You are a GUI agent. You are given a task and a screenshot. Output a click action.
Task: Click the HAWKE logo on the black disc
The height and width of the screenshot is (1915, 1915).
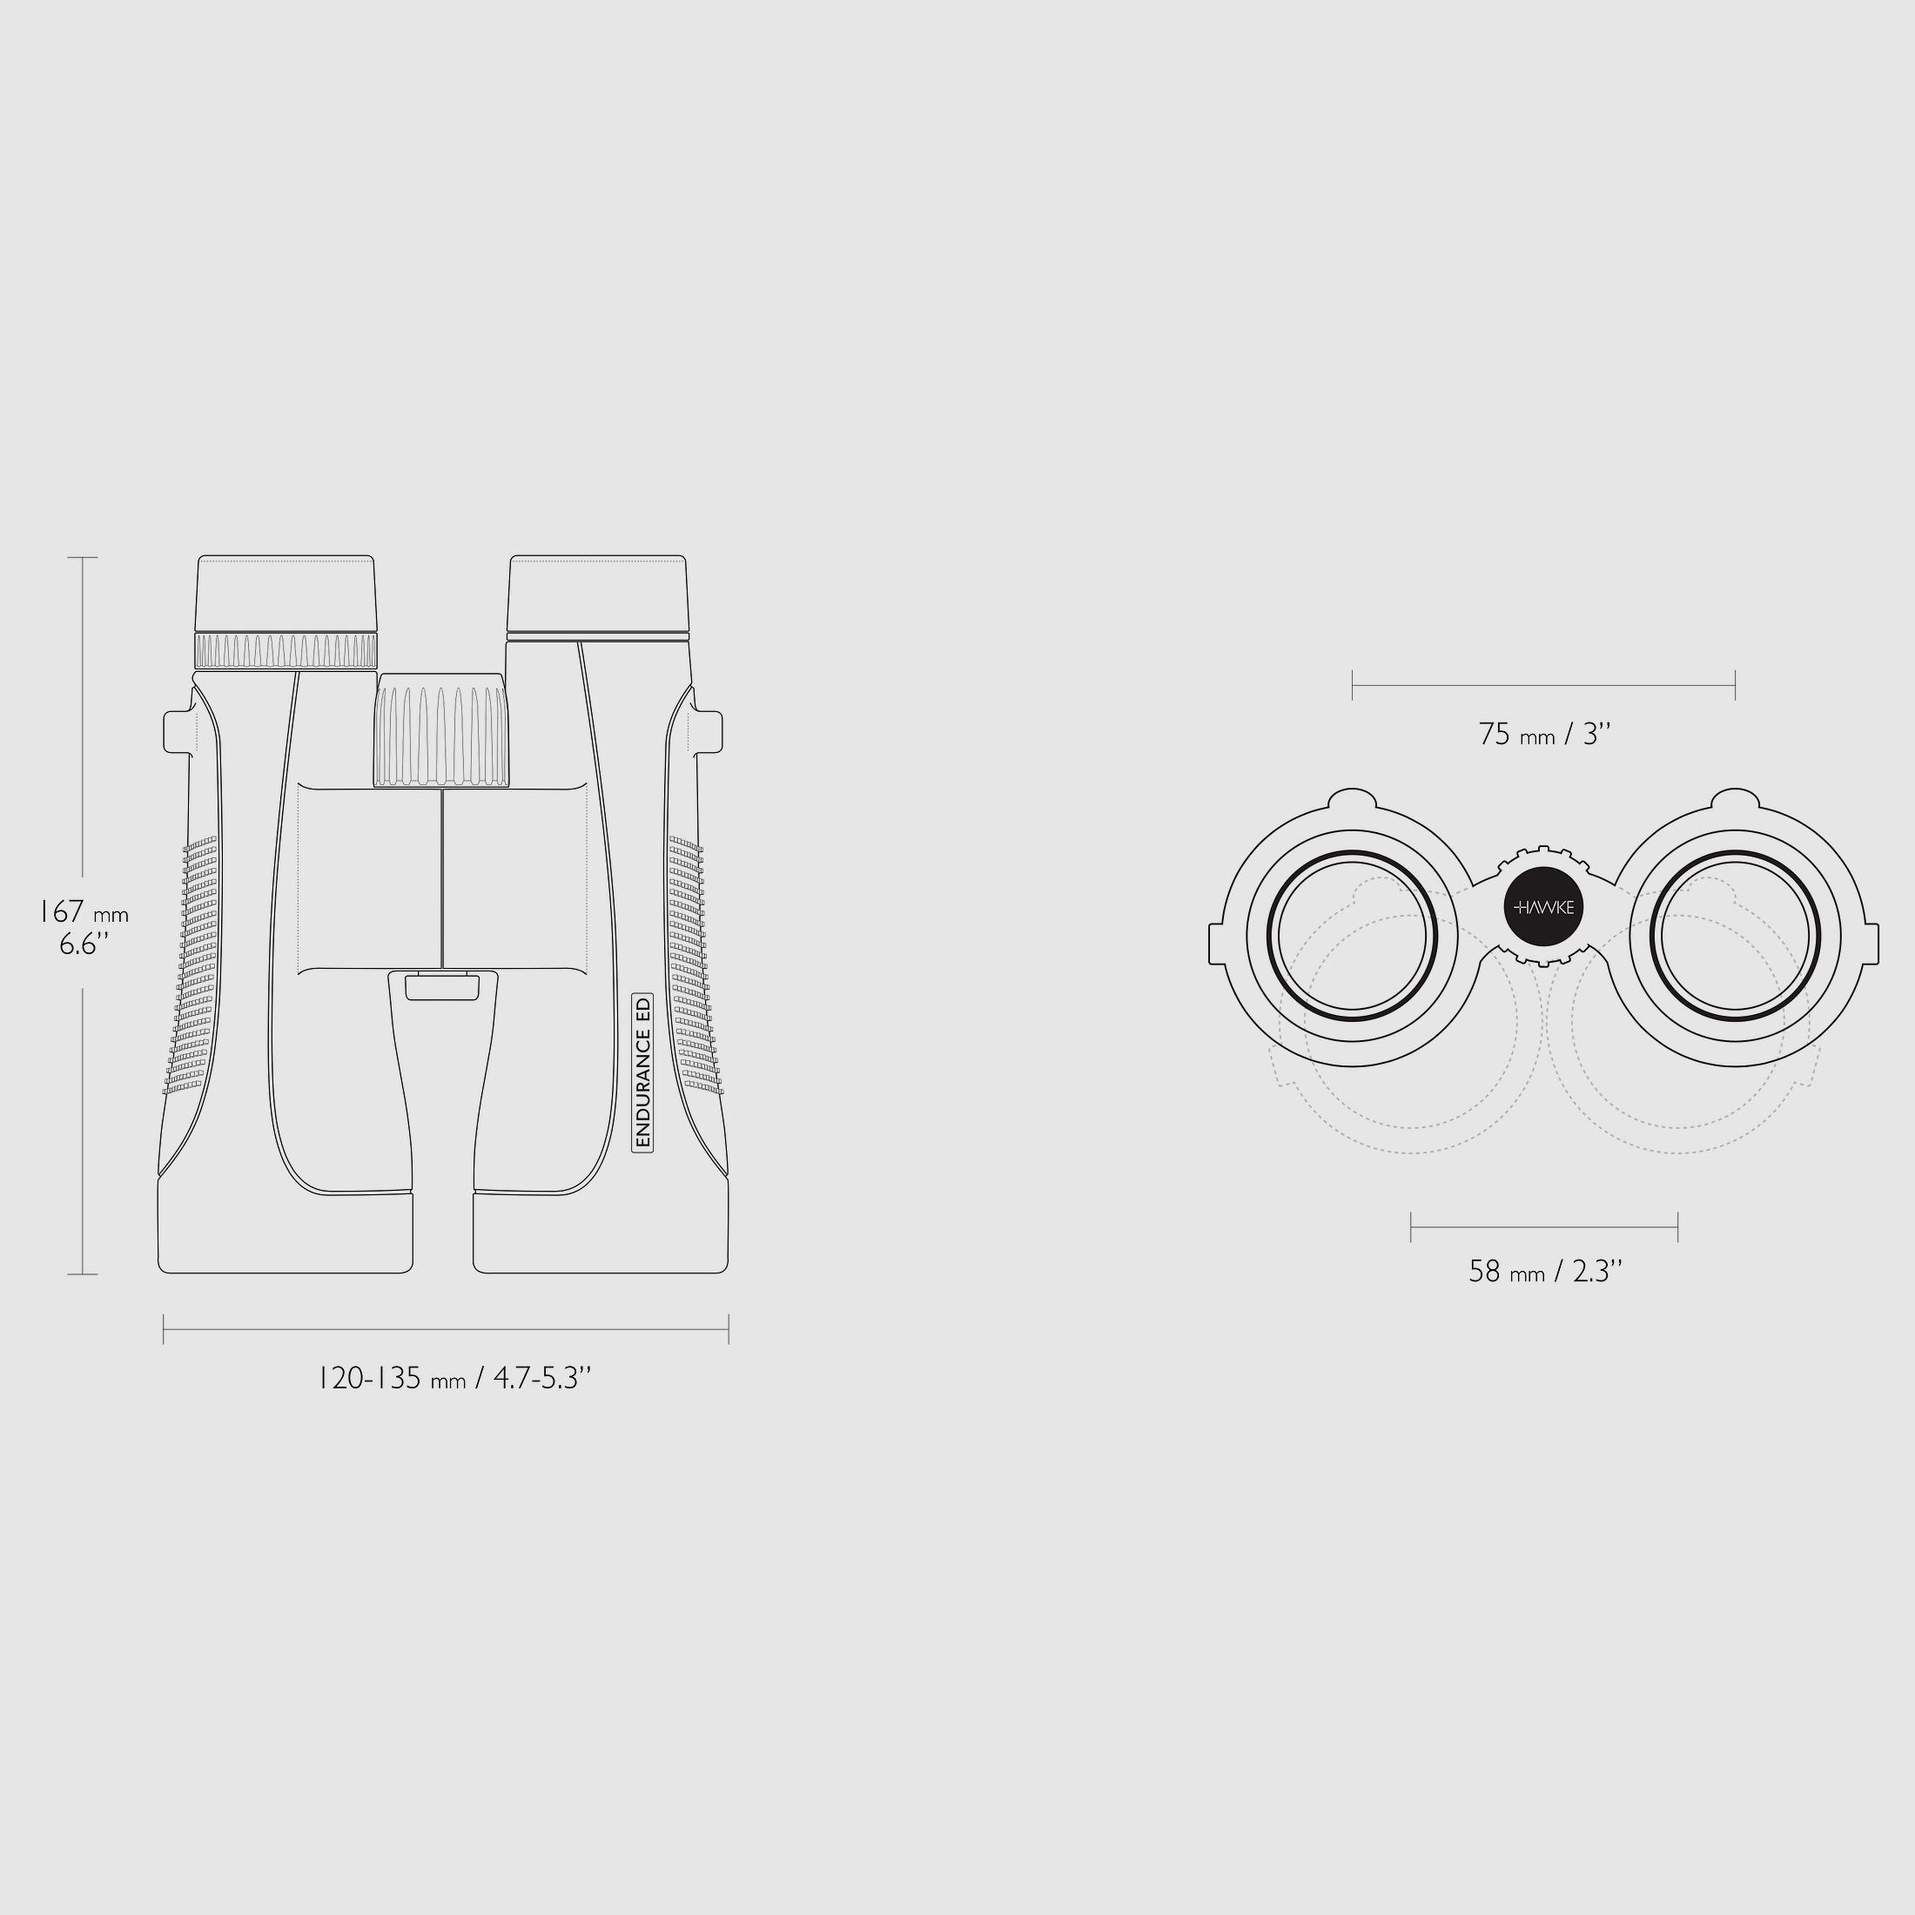[1544, 907]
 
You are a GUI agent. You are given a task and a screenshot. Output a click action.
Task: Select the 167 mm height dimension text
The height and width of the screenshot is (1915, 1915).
[84, 912]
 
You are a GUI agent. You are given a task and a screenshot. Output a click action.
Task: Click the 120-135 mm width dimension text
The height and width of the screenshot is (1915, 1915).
[455, 1378]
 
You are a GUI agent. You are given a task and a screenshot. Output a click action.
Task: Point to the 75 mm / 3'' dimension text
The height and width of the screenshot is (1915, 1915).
[1544, 735]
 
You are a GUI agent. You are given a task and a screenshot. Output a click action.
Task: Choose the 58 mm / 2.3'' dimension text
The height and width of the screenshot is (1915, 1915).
[1545, 1272]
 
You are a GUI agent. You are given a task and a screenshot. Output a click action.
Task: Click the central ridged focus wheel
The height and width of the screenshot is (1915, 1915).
[441, 730]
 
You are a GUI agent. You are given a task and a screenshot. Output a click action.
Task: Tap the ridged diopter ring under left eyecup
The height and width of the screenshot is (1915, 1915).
[286, 651]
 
